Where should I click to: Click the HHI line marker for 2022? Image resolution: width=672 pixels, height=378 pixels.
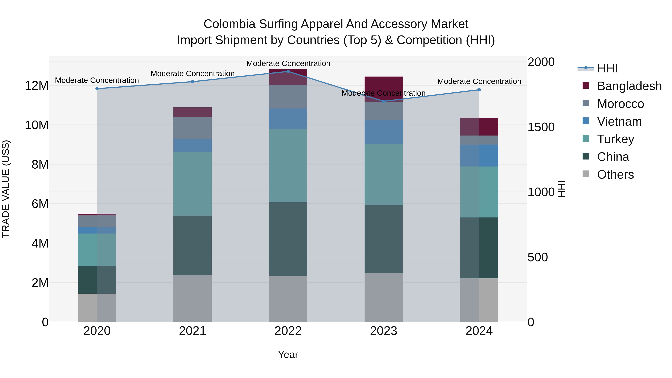click(x=288, y=71)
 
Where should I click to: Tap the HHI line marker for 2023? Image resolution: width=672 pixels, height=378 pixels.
click(x=383, y=101)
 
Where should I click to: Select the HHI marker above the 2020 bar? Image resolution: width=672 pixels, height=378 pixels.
click(x=97, y=89)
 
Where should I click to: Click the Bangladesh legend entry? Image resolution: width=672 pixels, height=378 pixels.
click(x=629, y=86)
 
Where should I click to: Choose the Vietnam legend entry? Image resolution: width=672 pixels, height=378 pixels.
click(x=619, y=122)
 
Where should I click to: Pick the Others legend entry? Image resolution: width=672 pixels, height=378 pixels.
click(x=615, y=175)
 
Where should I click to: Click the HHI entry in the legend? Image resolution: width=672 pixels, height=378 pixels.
click(x=607, y=68)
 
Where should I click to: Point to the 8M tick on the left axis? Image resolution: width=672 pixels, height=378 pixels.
click(x=40, y=165)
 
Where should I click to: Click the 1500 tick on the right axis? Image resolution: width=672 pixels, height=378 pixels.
click(x=541, y=127)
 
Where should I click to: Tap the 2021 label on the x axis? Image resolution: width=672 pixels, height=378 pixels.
click(x=192, y=331)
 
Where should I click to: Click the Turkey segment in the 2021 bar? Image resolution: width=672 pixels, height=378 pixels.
click(x=192, y=184)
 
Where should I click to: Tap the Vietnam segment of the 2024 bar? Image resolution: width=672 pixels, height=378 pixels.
click(x=479, y=155)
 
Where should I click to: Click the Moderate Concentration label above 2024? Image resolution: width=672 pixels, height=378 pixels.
click(x=479, y=81)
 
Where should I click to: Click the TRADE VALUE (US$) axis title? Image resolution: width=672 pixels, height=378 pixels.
click(x=6, y=189)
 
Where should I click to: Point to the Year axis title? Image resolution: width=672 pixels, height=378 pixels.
click(x=288, y=354)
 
